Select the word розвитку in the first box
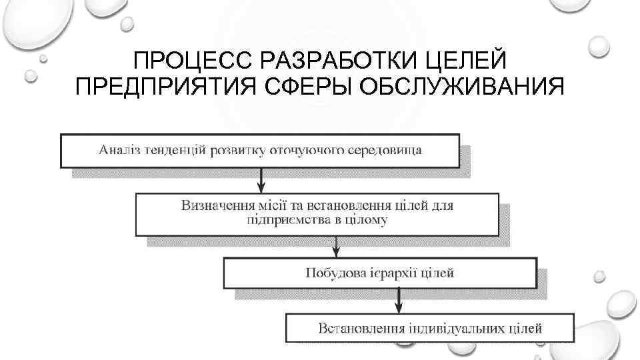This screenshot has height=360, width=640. pyautogui.click(x=238, y=149)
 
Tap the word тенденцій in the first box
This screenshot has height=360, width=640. pyautogui.click(x=176, y=149)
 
